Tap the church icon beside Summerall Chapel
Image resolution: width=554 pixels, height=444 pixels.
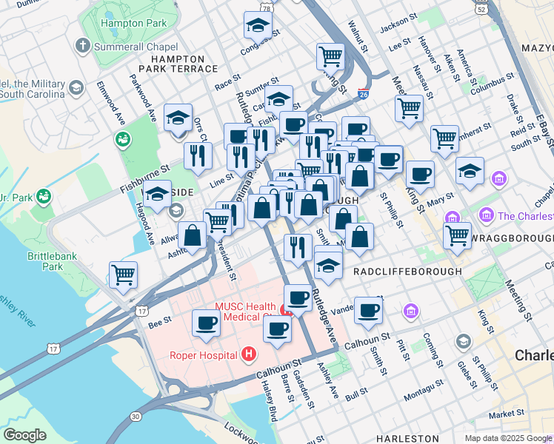(x=81, y=46)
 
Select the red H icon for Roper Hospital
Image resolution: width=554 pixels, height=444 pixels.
(x=248, y=354)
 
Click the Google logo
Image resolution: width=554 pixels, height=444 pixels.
(x=24, y=435)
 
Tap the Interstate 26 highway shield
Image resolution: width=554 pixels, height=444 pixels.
(x=363, y=94)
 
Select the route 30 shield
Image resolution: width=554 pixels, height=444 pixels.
(x=136, y=417)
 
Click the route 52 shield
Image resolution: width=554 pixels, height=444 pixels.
(x=482, y=9)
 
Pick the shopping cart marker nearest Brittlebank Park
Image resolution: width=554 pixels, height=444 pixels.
(x=123, y=275)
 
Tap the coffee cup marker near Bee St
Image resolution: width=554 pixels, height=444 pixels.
(x=206, y=323)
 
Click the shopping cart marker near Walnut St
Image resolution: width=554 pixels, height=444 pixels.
(x=330, y=55)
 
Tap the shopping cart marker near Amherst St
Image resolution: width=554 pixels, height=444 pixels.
(x=444, y=138)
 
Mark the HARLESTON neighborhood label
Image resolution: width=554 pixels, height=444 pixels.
(x=407, y=439)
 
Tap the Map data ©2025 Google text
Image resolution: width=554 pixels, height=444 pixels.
(x=508, y=438)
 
